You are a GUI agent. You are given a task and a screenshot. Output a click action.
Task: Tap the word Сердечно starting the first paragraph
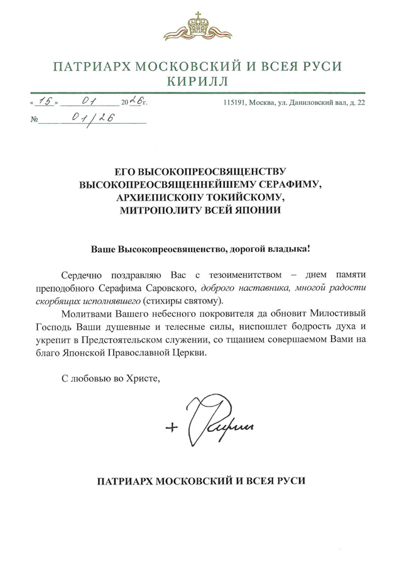pyautogui.click(x=84, y=275)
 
